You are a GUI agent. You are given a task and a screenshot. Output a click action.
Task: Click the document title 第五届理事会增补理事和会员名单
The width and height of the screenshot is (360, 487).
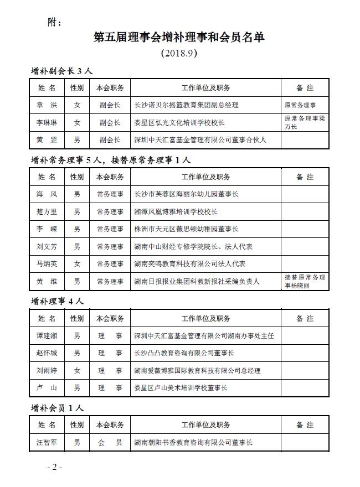tap(179, 38)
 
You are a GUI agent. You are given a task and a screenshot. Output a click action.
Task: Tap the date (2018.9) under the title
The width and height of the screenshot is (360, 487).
tap(179, 54)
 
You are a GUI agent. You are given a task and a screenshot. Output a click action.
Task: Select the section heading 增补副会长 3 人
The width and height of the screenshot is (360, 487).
tap(61, 71)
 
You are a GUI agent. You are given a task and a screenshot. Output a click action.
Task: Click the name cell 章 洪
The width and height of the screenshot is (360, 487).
tap(47, 105)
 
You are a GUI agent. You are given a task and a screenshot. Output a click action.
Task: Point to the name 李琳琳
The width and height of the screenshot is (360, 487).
tap(47, 122)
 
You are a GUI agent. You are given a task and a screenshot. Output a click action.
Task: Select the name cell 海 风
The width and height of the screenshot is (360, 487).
tap(47, 194)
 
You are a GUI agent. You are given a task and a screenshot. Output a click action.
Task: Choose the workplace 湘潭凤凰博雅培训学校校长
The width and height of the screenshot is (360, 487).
tap(176, 211)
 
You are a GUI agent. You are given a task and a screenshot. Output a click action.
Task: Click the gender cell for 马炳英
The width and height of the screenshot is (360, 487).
tap(77, 264)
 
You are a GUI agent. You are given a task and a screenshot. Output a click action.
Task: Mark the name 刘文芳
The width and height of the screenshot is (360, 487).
tap(47, 246)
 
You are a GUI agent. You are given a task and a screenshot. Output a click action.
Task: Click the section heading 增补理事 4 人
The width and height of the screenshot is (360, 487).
tap(57, 302)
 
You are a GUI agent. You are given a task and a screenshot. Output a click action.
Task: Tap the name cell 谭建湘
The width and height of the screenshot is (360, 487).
tap(47, 335)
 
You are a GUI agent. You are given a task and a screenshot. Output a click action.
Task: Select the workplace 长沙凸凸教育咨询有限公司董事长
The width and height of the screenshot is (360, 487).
tap(184, 353)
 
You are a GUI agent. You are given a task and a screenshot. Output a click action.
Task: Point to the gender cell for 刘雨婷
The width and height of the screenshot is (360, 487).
tap(77, 370)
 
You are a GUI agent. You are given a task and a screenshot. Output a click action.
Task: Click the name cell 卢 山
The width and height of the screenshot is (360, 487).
tap(47, 388)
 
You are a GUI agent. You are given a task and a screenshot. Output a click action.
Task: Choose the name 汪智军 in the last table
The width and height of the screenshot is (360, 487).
tap(47, 443)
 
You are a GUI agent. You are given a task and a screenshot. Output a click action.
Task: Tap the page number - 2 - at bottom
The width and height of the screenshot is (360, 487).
tap(54, 468)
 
